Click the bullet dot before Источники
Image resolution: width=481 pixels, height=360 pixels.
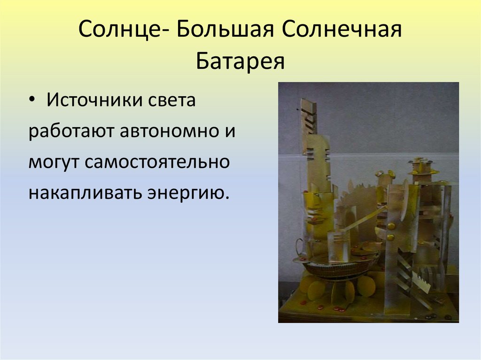coord(31,100)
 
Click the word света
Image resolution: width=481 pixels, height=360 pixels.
coord(171,100)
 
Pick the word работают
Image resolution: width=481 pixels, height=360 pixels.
coord(70,131)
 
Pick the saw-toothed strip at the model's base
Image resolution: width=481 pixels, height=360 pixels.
coord(421,284)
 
